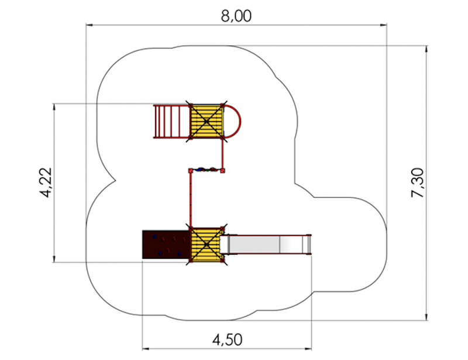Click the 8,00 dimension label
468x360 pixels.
(236, 16)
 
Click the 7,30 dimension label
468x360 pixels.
(418, 183)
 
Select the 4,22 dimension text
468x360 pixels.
(46, 183)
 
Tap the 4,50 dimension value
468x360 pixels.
(227, 340)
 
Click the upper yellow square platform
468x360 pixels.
(207, 121)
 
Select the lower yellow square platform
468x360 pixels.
(207, 245)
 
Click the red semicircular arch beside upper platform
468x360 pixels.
(232, 121)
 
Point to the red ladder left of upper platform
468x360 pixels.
(172, 122)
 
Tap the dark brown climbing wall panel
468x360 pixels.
(166, 244)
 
